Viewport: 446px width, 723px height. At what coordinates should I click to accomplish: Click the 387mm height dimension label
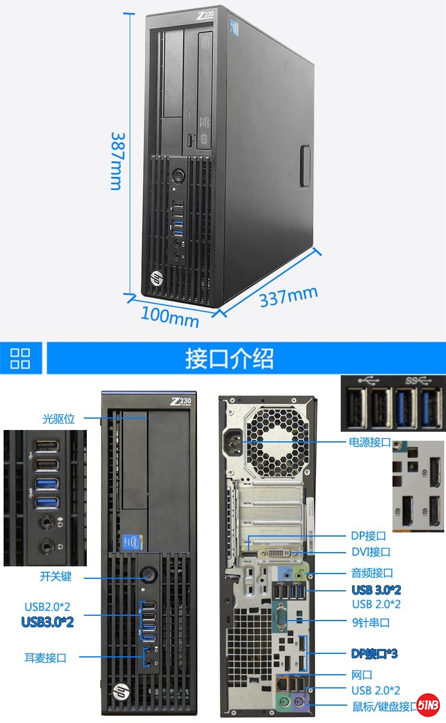click(x=117, y=161)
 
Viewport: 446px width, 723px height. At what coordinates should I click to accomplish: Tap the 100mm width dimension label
click(x=170, y=317)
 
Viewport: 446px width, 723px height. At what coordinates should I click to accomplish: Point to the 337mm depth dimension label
click(x=289, y=297)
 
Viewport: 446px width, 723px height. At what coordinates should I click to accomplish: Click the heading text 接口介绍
click(x=230, y=359)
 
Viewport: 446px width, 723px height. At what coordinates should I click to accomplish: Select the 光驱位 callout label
click(x=59, y=419)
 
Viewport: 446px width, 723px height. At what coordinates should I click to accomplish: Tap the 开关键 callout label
click(x=56, y=576)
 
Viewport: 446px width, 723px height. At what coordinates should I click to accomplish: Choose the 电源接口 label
click(x=370, y=442)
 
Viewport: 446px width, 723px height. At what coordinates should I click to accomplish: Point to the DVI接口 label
click(x=371, y=551)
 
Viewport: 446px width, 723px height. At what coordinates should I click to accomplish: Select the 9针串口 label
click(x=371, y=622)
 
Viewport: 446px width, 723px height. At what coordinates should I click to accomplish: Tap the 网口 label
click(x=362, y=675)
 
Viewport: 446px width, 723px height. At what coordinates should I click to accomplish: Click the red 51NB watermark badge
click(x=428, y=705)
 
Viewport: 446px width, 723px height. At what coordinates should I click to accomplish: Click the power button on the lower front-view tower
click(x=149, y=575)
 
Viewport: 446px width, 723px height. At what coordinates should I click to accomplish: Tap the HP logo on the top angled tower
click(x=157, y=278)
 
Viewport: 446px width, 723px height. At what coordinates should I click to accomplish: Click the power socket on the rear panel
click(x=233, y=442)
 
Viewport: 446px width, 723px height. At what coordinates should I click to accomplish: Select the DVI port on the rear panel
click(x=279, y=553)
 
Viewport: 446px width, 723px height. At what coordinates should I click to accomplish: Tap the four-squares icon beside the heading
click(x=20, y=359)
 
